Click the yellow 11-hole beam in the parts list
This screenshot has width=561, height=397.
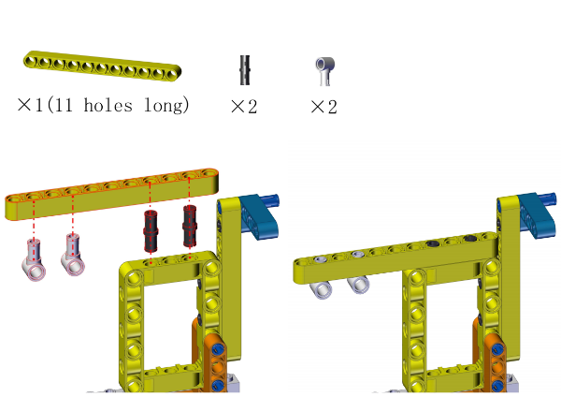click(102, 66)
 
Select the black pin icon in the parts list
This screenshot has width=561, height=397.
click(245, 70)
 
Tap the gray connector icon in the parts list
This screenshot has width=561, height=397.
click(325, 71)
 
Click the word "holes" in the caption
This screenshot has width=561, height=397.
click(108, 105)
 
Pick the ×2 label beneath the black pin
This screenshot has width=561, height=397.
click(244, 107)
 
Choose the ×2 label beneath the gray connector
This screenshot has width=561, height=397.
click(324, 107)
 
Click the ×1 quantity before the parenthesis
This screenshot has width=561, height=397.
click(31, 105)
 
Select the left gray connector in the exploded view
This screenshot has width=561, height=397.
click(34, 259)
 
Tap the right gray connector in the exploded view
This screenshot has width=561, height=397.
click(73, 255)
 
